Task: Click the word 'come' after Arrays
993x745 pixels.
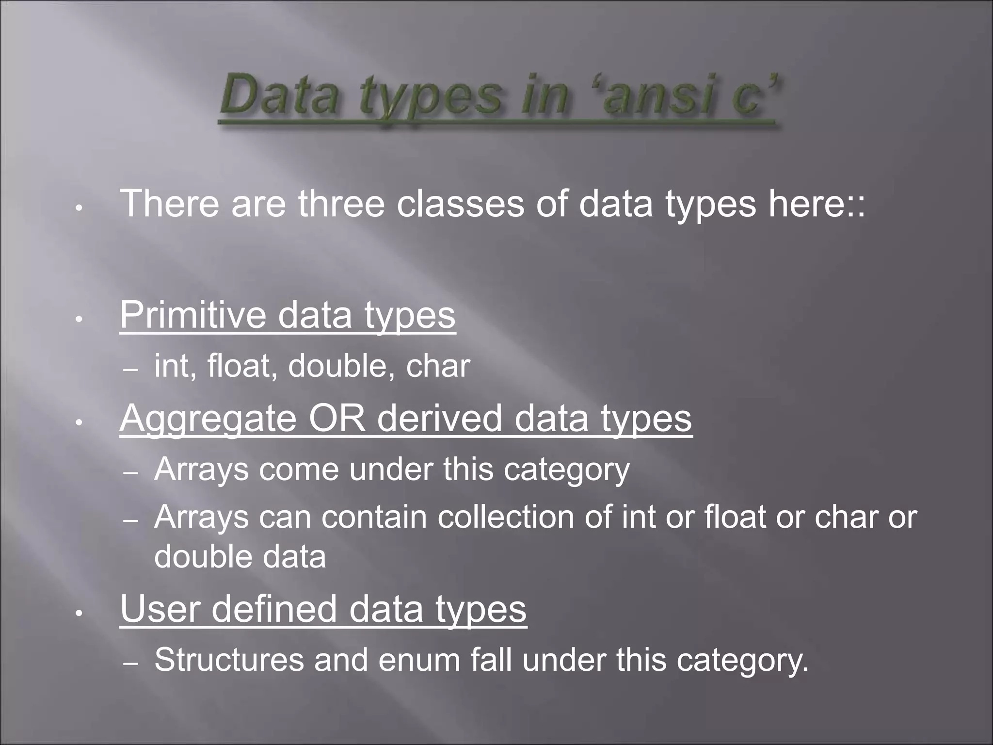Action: click(x=299, y=470)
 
